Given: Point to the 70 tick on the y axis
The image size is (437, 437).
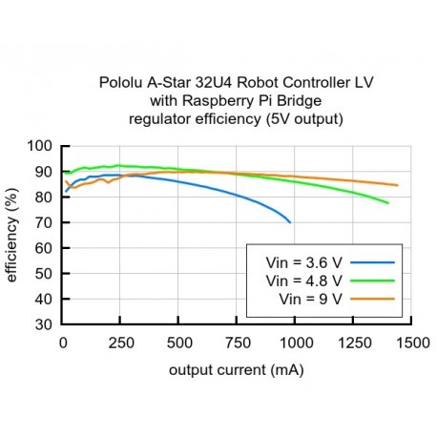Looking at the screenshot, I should pyautogui.click(x=44, y=222).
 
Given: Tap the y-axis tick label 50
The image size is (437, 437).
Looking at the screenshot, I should pyautogui.click(x=44, y=273).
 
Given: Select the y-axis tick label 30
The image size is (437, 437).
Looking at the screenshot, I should pyautogui.click(x=44, y=323).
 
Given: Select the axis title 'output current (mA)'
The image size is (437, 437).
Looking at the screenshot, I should pyautogui.click(x=237, y=368).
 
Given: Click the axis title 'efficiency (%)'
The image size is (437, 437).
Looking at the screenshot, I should pyautogui.click(x=12, y=235).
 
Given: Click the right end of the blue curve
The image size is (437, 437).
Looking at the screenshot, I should pyautogui.click(x=290, y=222).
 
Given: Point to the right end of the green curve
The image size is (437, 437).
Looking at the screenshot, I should pyautogui.click(x=388, y=203).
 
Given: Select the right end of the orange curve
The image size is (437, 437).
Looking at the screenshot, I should pyautogui.click(x=397, y=185).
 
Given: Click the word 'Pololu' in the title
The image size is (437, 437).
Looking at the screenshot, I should pyautogui.click(x=121, y=83).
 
